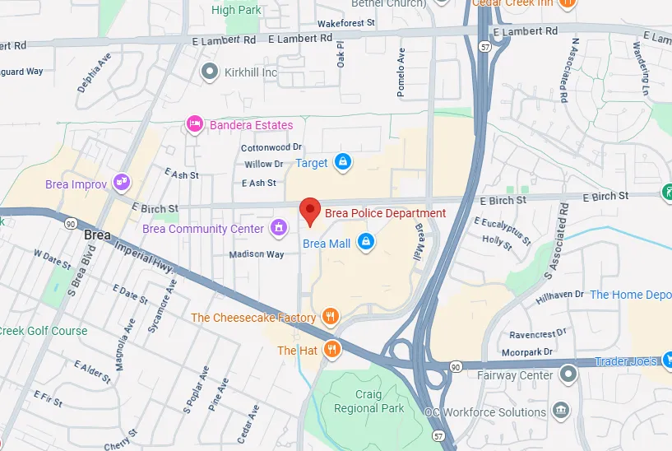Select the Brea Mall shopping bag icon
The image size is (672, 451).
pyautogui.click(x=367, y=243)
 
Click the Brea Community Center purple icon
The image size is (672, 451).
pyautogui.click(x=279, y=228)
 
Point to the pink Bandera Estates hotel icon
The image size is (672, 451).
pyautogui.click(x=195, y=125)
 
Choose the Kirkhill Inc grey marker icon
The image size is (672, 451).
pyautogui.click(x=211, y=72)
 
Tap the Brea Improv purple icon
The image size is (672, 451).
pyautogui.click(x=122, y=183)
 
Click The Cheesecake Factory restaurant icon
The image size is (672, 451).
pyautogui.click(x=331, y=317)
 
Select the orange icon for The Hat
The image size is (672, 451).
pyautogui.click(x=331, y=350)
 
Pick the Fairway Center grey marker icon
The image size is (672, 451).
pyautogui.click(x=567, y=375)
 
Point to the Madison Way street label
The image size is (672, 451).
pyautogui.click(x=257, y=254)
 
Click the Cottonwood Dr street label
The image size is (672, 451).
pyautogui.click(x=271, y=147)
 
